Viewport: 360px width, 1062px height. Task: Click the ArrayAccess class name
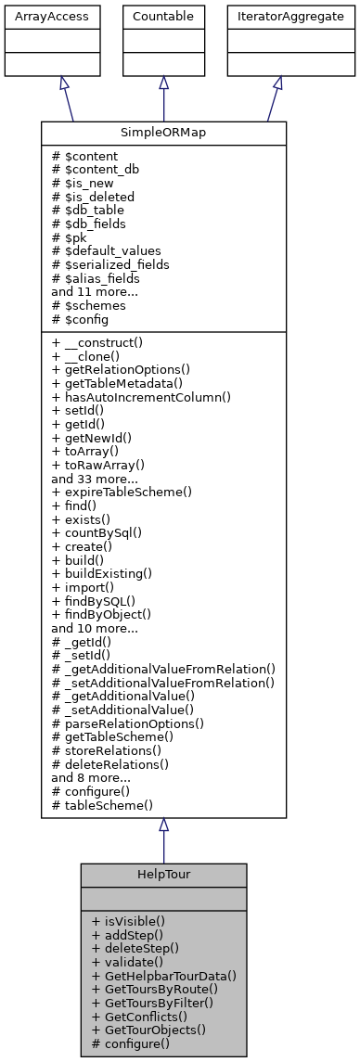pyautogui.click(x=38, y=15)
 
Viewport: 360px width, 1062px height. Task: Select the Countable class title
pyautogui.click(x=163, y=15)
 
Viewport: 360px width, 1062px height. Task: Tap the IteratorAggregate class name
pyautogui.click(x=277, y=15)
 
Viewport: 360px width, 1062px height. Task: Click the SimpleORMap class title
pyautogui.click(x=163, y=133)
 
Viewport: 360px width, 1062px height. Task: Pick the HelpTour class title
pyautogui.click(x=163, y=875)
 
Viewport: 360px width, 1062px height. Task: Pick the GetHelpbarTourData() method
pyautogui.click(x=164, y=975)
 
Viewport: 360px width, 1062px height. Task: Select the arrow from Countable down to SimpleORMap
pyautogui.click(x=163, y=98)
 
